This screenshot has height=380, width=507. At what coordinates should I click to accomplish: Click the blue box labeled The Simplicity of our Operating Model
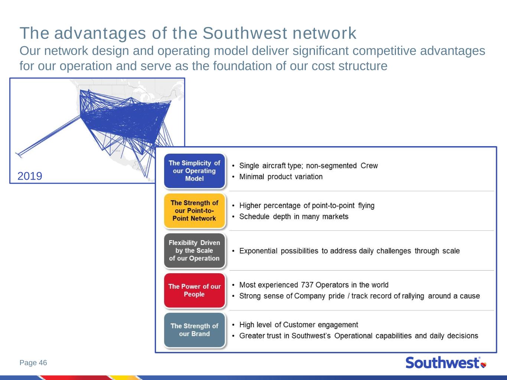[x=194, y=171]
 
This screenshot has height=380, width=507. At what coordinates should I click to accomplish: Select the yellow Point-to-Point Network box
[x=194, y=211]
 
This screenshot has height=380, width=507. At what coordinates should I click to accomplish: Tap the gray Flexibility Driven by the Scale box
[x=194, y=250]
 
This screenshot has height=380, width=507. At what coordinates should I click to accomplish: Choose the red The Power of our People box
[x=194, y=290]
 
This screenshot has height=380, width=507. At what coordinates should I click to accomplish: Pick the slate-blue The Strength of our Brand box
[x=194, y=330]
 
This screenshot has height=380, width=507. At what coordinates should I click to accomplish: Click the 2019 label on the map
[x=30, y=176]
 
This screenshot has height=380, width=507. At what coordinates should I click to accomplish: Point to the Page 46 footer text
[x=33, y=363]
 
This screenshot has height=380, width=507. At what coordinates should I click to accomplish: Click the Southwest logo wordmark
[x=443, y=363]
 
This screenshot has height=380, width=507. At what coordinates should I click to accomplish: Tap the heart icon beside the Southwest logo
[x=484, y=365]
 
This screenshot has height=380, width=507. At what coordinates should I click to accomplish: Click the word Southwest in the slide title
[x=245, y=33]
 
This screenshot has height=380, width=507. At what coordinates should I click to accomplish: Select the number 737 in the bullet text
[x=307, y=285]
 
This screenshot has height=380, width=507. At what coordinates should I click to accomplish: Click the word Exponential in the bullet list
[x=258, y=251]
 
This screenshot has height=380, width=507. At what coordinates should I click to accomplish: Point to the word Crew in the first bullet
[x=369, y=166]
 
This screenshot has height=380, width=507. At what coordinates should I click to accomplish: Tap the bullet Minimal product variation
[x=281, y=177]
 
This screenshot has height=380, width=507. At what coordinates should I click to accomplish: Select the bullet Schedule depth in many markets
[x=294, y=217]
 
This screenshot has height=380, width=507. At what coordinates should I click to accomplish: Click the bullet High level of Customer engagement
[x=299, y=325]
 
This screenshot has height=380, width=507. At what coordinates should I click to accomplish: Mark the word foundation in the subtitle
[x=242, y=66]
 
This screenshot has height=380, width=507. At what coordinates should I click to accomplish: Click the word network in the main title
[x=325, y=33]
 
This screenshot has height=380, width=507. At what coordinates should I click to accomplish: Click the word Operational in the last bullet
[x=353, y=336]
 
